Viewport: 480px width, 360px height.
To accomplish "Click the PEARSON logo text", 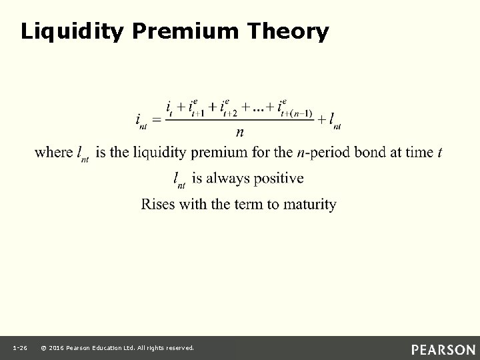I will tap(443, 349).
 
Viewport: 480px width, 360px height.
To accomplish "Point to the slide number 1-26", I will tap(19, 348).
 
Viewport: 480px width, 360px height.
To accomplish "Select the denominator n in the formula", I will tap(239, 132).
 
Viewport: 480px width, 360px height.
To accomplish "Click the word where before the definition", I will tap(54, 153).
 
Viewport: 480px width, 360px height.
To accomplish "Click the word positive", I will tap(277, 178).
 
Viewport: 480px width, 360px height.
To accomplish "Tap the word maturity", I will tap(309, 203).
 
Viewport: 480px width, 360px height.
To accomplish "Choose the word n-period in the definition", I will tap(323, 153).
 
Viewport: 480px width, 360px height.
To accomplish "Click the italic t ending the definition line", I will tap(439, 153).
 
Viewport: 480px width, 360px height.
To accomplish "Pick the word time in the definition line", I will tap(418, 153).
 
